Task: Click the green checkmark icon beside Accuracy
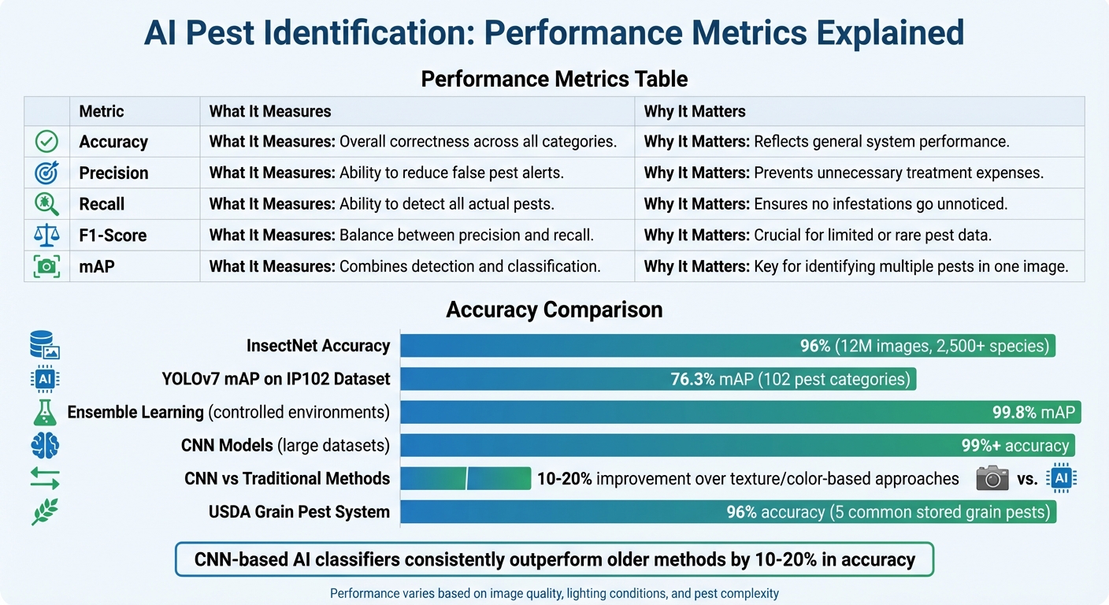tap(46, 142)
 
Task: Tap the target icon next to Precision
tap(46, 173)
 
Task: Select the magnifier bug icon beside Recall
tap(46, 204)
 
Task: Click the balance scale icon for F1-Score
tap(46, 235)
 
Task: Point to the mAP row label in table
tap(96, 266)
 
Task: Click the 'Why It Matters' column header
tap(694, 111)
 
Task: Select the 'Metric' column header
tap(102, 111)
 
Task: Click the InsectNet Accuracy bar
tap(599, 346)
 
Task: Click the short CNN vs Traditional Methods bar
tap(465, 478)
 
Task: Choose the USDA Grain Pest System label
tap(299, 512)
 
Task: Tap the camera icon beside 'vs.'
tap(992, 477)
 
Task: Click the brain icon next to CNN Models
tap(45, 446)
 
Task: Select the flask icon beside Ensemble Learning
tap(45, 412)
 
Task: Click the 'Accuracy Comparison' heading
tap(554, 310)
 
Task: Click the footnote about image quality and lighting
tap(554, 593)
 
